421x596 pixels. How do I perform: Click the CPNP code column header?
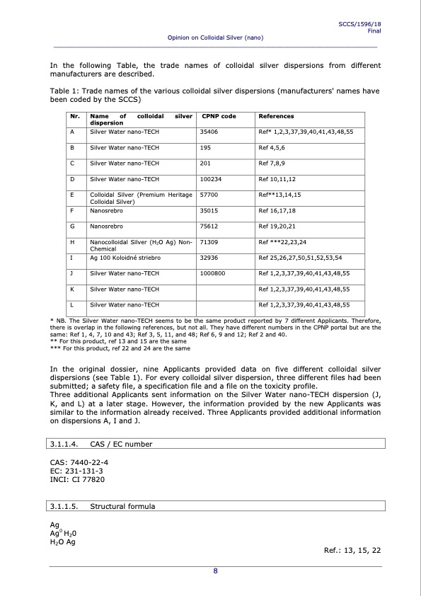219,116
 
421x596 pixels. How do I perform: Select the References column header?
277,116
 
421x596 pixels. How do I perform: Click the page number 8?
215,572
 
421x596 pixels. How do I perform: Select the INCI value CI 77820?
88,479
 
